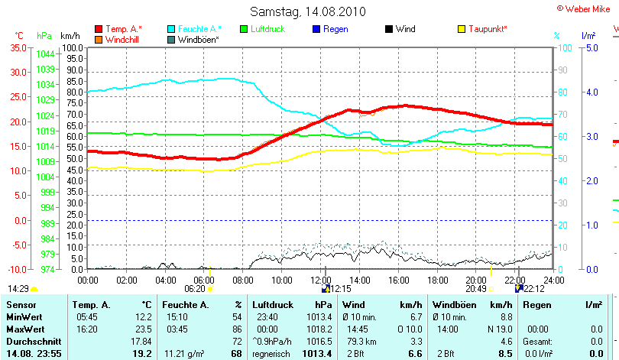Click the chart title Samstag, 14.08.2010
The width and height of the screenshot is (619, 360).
(x=308, y=11)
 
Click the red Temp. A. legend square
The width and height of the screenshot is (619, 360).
(x=99, y=29)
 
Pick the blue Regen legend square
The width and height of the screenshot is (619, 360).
(x=317, y=29)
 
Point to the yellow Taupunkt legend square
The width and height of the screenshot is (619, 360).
(x=462, y=29)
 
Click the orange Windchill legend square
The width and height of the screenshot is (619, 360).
(x=99, y=39)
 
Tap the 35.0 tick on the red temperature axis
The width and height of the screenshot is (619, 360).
(x=17, y=47)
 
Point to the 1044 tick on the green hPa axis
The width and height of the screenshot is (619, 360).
(x=45, y=54)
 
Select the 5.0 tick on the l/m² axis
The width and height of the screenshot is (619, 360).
(x=590, y=47)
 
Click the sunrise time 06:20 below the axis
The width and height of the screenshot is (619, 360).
(x=196, y=289)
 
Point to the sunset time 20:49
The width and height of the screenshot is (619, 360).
(x=476, y=289)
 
